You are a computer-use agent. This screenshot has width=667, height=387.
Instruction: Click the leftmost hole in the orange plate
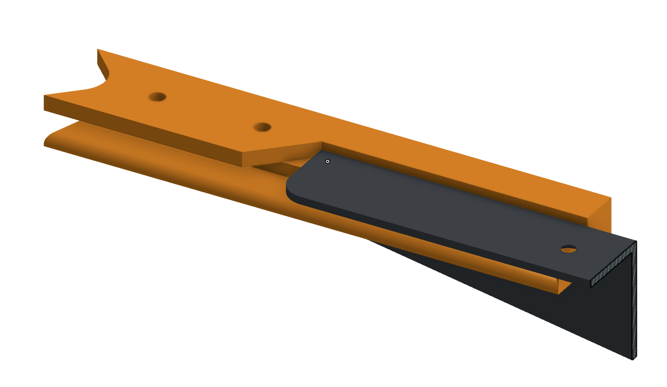[157, 97]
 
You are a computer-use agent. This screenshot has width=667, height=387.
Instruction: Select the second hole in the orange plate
[262, 127]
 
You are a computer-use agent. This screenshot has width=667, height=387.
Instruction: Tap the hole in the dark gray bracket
[569, 248]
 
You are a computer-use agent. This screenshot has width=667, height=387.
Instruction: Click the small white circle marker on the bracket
[328, 161]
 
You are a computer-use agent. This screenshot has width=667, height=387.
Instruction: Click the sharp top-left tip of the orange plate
[98, 50]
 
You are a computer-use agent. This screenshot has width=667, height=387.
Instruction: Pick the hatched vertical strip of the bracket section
[634, 301]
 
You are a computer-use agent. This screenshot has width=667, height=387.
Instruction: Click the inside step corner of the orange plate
[322, 143]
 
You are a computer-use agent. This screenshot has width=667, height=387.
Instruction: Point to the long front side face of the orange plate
[144, 130]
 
